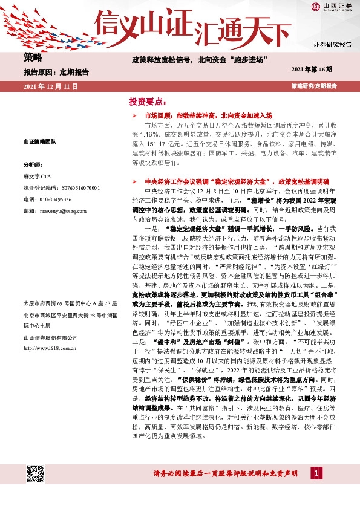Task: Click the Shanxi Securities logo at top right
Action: pos(332,7)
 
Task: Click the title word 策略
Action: pos(33,58)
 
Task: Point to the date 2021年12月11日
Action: pos(51,86)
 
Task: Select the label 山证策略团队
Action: pos(39,141)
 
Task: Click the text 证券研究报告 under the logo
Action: pos(332,45)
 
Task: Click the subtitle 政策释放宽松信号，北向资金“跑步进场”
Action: pos(200,60)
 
